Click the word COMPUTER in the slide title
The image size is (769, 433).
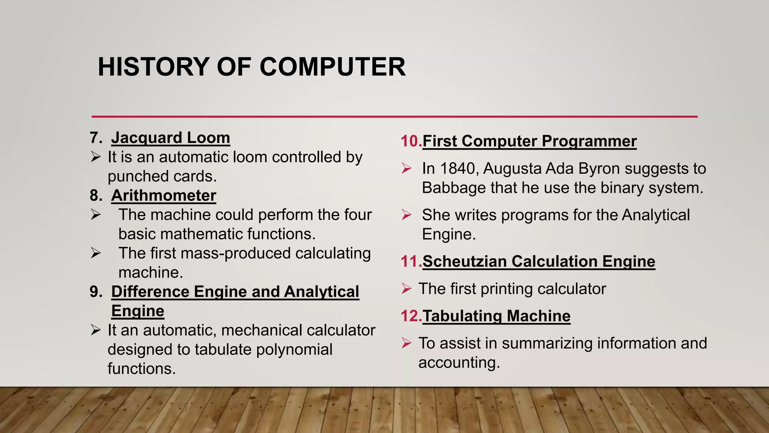(332, 67)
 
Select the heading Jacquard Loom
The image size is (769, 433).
(170, 138)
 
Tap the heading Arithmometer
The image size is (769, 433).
(164, 195)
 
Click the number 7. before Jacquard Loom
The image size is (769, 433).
(96, 138)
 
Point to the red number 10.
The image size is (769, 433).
(411, 141)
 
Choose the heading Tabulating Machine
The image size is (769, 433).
(496, 316)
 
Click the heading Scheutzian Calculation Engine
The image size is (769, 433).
(539, 262)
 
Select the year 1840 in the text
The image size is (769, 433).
(458, 169)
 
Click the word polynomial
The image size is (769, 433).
(294, 350)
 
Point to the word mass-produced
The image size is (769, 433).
(235, 253)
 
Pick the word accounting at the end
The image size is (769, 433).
(459, 363)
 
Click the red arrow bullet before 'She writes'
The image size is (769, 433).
(406, 215)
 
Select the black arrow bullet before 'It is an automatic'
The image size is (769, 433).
(96, 157)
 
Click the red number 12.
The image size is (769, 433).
(411, 316)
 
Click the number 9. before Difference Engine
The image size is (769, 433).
(96, 292)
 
